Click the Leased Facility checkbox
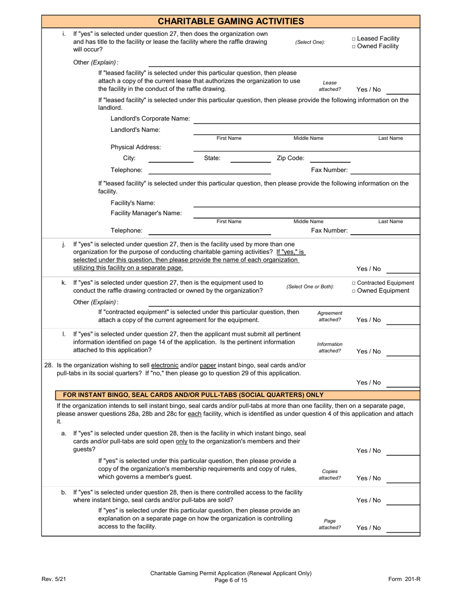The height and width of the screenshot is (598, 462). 354,38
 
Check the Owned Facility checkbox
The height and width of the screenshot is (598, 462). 354,46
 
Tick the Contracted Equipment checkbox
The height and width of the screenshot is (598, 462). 354,283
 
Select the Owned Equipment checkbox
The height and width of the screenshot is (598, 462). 354,291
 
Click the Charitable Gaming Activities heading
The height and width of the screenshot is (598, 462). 231,21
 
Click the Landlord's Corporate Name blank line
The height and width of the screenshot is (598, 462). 306,120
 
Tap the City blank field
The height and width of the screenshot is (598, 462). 171,158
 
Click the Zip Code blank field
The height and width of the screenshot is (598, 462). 330,158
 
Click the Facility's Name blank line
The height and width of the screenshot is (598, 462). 306,204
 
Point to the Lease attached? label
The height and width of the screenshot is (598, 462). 330,86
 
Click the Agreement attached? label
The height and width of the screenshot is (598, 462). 330,317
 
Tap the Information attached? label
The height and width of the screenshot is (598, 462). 330,348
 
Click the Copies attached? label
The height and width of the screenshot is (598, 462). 330,475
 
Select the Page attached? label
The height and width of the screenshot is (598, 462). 330,524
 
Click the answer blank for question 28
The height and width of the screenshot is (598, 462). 403,383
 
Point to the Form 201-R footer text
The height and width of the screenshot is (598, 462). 404,579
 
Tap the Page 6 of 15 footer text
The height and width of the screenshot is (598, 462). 231,580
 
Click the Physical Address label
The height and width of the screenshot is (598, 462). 136,147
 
